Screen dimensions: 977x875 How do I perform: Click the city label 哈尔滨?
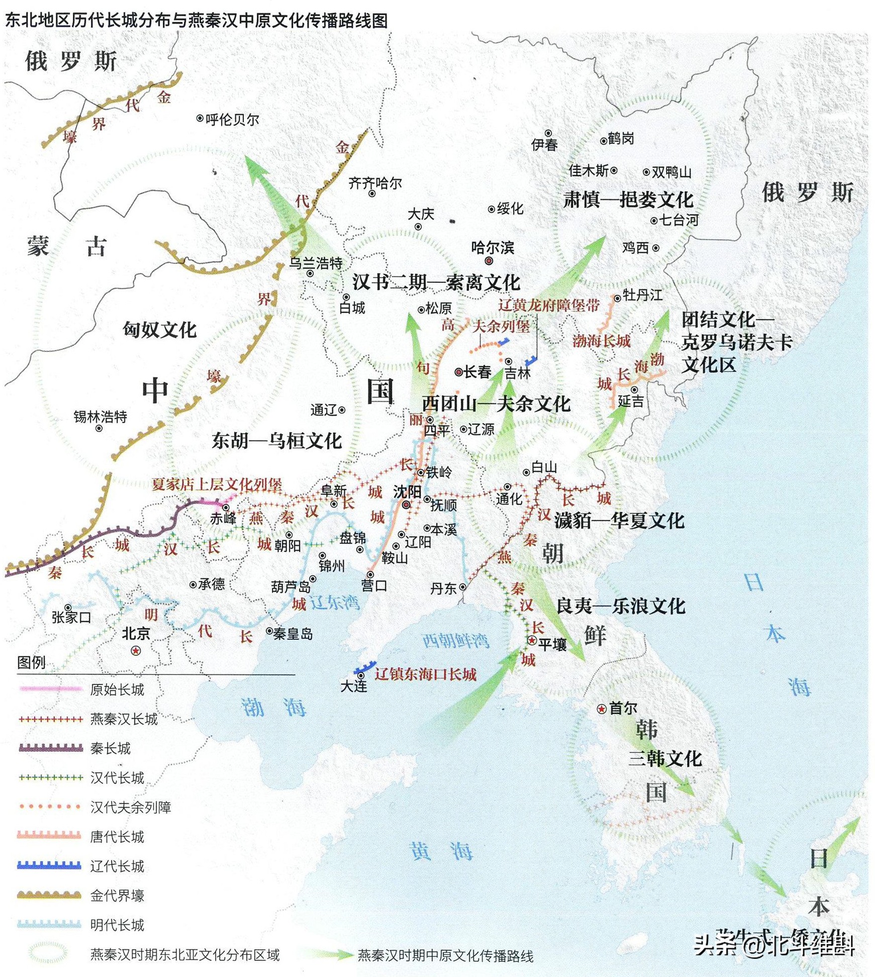(x=492, y=248)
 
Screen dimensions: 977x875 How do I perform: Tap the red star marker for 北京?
(x=136, y=651)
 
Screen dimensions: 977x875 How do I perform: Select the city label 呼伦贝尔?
(x=232, y=120)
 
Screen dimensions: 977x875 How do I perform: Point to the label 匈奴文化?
(x=159, y=330)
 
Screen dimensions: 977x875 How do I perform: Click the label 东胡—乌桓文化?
(x=276, y=441)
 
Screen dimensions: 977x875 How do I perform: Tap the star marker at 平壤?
(x=532, y=640)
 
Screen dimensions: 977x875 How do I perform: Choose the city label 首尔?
(x=623, y=709)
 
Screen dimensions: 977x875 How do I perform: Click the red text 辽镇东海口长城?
(x=425, y=674)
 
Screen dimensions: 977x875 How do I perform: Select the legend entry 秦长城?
(x=111, y=748)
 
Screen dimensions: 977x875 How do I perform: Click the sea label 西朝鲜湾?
(x=455, y=641)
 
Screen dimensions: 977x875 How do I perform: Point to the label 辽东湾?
(x=335, y=603)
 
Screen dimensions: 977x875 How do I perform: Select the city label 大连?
(x=354, y=687)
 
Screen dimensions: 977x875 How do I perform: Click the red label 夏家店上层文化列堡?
(x=217, y=484)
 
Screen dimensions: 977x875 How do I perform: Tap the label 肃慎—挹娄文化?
(x=628, y=200)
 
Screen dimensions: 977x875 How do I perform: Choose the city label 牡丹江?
(x=642, y=295)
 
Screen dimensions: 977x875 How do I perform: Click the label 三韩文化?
(x=665, y=759)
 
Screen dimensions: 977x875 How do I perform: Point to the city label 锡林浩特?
(x=100, y=417)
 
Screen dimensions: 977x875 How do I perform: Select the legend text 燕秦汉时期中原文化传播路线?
(x=445, y=955)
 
